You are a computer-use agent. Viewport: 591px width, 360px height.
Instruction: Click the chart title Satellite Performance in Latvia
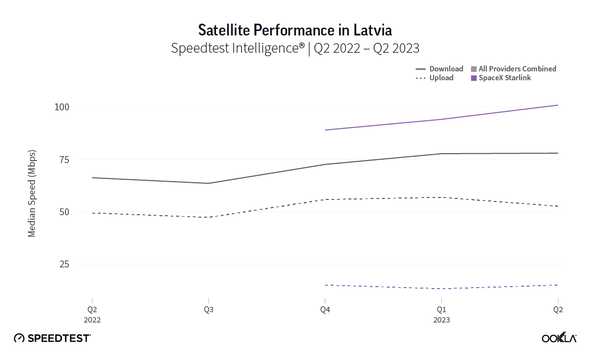[295, 30]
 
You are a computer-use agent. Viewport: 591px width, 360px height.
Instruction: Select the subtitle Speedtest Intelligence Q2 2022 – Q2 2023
[295, 48]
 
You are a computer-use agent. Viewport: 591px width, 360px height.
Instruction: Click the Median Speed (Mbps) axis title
[32, 193]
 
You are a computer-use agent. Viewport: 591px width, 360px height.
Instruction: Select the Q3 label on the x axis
[208, 310]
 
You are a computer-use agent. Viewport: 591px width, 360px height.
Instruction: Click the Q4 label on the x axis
[325, 310]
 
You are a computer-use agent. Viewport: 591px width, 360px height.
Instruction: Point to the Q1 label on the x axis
[441, 310]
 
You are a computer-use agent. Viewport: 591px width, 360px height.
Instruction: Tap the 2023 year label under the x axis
[441, 320]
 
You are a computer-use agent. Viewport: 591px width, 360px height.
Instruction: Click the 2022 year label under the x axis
[92, 320]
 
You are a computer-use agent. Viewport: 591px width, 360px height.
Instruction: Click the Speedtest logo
[52, 338]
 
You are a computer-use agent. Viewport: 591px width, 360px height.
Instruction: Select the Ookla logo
[559, 338]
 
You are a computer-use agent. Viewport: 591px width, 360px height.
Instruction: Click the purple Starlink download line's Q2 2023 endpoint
[558, 105]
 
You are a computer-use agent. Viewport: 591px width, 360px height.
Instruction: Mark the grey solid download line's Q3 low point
[209, 183]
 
